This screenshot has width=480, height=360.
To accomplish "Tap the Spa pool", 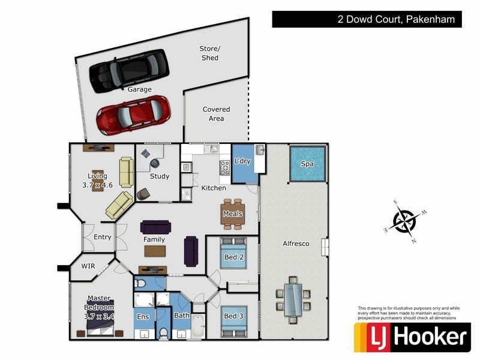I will (307, 163).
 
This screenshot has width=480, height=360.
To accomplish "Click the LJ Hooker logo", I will (412, 338).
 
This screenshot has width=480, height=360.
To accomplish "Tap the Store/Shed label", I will (209, 53).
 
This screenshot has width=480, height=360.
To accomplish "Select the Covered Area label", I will (216, 114).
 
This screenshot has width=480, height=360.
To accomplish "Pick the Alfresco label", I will (295, 244).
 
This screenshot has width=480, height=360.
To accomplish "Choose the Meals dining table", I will (233, 214).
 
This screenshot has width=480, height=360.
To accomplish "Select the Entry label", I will (103, 237).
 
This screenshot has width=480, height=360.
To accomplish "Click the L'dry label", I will (242, 161).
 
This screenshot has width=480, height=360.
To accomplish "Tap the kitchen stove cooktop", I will (226, 168).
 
